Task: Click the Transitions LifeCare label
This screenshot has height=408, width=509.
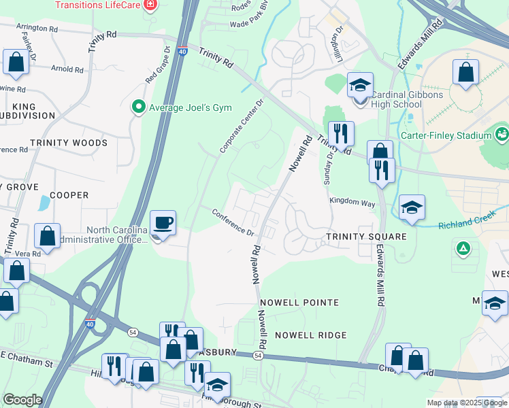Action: click(99, 5)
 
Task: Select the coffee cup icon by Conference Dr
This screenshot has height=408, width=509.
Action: click(163, 224)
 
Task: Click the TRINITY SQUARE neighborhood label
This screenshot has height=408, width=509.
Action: click(365, 237)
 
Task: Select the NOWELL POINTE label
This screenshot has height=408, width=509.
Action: click(298, 302)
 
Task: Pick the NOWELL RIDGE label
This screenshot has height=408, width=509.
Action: click(310, 335)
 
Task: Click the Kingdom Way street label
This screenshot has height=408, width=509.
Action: click(352, 202)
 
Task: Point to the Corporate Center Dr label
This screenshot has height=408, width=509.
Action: click(241, 126)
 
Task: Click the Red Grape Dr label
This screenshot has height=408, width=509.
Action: click(156, 65)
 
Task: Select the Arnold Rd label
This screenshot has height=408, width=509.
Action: click(67, 69)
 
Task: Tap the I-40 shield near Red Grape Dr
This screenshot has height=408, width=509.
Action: click(182, 51)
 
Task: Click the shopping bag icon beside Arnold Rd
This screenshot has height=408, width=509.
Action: click(15, 62)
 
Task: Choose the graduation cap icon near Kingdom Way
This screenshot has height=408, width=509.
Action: click(411, 207)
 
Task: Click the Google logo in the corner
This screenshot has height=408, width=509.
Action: click(22, 400)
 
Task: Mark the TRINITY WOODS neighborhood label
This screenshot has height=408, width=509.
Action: click(68, 143)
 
